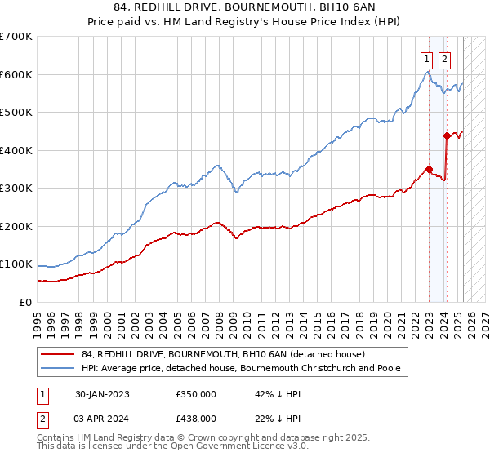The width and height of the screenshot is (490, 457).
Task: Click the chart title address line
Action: tap(245, 7)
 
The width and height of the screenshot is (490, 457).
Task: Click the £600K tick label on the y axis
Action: tap(16, 74)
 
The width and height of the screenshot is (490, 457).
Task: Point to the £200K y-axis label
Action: tap(16, 226)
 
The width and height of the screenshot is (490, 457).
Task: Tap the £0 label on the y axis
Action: tap(25, 302)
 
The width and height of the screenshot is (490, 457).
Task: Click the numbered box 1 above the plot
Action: tap(427, 59)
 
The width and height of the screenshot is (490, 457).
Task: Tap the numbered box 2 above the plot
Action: tap(444, 59)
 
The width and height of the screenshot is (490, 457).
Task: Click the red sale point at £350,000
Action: tap(429, 170)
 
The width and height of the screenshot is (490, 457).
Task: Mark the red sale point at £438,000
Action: tap(446, 135)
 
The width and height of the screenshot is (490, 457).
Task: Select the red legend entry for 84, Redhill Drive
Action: tap(217, 354)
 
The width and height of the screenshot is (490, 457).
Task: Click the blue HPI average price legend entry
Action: tap(240, 368)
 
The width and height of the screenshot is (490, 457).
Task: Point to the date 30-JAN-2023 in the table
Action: tap(102, 393)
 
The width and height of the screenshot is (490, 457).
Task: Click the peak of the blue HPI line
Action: tap(428, 72)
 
